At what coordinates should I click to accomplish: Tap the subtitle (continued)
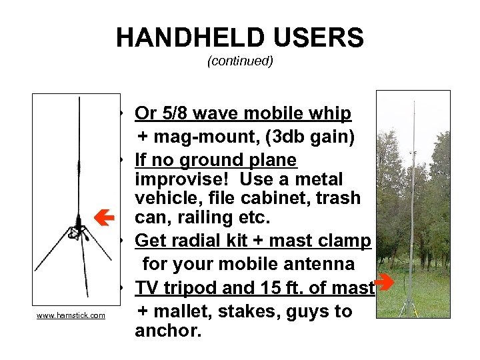point(240,61)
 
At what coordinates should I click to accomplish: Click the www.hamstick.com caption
point(71,315)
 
